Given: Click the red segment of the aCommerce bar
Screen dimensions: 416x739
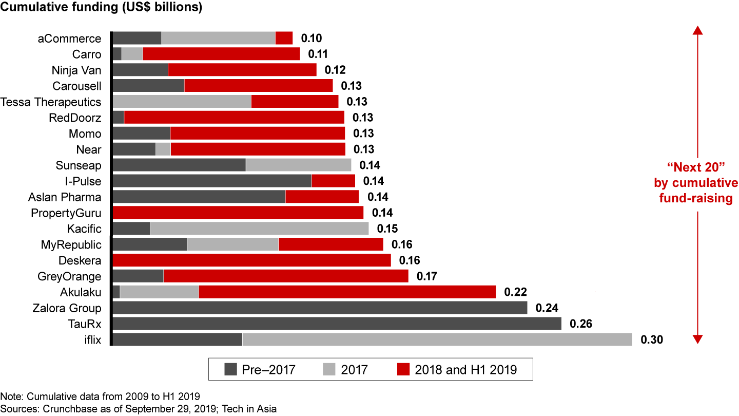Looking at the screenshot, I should click(284, 38).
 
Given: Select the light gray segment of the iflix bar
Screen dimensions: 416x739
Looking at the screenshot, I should click(437, 339).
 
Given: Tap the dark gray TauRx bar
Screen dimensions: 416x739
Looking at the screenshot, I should click(337, 324).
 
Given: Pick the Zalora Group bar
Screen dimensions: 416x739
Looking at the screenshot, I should click(320, 308).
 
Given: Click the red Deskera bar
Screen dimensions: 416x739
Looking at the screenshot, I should click(251, 260).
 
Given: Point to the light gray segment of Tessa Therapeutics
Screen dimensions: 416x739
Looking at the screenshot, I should click(182, 102).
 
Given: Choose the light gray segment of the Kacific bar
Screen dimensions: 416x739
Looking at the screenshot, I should click(259, 229).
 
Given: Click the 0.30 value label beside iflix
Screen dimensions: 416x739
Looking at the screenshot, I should click(652, 340).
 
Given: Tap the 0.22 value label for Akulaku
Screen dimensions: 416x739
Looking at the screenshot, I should click(515, 292).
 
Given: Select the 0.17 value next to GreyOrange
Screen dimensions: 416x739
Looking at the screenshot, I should click(427, 276).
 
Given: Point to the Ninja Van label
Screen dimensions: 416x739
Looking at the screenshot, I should click(76, 70).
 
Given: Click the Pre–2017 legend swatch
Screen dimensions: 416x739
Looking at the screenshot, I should click(231, 369).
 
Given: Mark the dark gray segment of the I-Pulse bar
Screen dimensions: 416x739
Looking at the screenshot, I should click(212, 181).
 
